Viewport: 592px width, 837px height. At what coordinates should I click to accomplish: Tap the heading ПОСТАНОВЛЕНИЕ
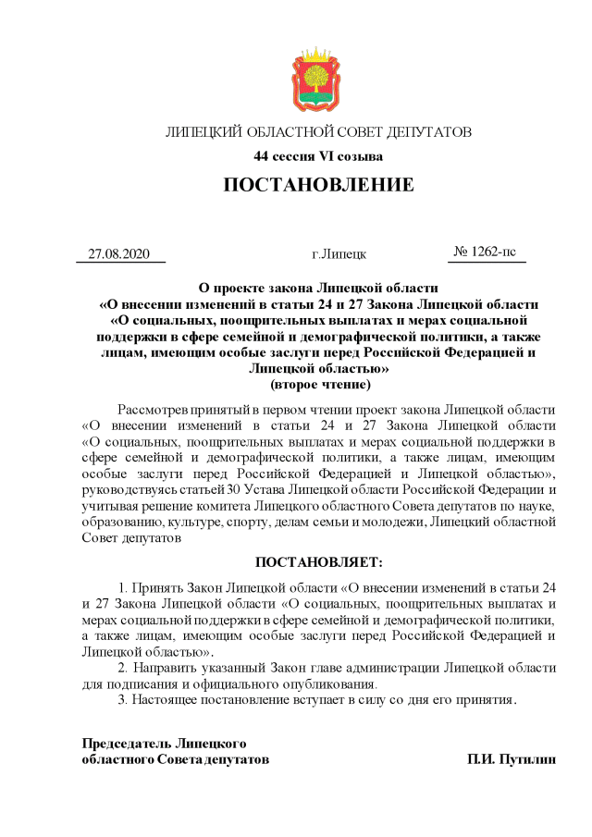[x=318, y=186]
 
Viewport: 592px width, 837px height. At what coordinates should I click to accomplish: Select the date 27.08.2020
[x=118, y=253]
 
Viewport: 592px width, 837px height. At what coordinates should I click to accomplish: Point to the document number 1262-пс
[x=486, y=252]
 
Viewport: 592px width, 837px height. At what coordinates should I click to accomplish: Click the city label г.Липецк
[x=339, y=253]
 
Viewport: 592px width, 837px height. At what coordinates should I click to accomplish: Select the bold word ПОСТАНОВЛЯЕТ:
[x=318, y=561]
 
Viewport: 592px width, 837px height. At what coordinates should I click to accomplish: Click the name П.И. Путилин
[x=512, y=759]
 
